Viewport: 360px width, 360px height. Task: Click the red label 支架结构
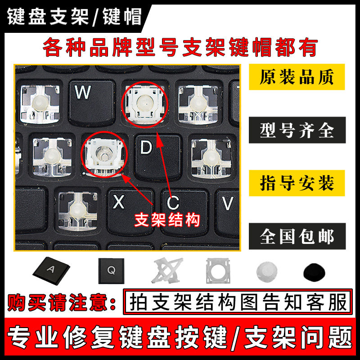point(167,220)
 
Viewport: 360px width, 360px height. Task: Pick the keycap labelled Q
point(111,272)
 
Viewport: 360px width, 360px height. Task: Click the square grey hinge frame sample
point(217,272)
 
